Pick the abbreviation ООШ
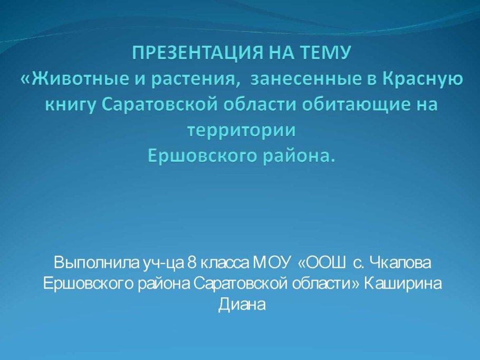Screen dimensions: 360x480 tap(325, 262)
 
